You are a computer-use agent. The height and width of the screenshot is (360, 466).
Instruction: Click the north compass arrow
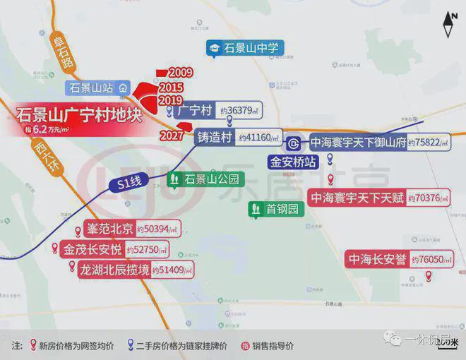click(448, 25)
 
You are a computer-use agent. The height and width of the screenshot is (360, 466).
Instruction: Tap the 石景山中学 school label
click(252, 48)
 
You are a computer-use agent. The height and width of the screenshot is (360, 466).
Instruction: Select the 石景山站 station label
click(91, 88)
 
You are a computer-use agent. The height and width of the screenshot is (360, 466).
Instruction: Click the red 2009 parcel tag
click(180, 73)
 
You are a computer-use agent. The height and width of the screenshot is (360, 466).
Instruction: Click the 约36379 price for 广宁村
click(240, 111)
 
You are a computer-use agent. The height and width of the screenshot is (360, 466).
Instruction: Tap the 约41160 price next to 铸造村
click(259, 138)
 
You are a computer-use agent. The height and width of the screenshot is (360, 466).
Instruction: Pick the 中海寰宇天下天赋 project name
click(358, 198)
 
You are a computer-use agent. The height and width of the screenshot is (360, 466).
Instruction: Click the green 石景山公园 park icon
click(173, 180)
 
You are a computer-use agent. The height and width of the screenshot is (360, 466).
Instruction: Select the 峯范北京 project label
click(108, 229)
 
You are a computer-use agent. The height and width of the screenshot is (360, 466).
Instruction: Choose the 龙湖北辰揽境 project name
click(114, 270)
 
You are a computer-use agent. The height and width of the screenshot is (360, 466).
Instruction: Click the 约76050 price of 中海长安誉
click(431, 260)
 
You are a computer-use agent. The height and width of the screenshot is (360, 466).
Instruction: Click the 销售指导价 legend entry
click(268, 346)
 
